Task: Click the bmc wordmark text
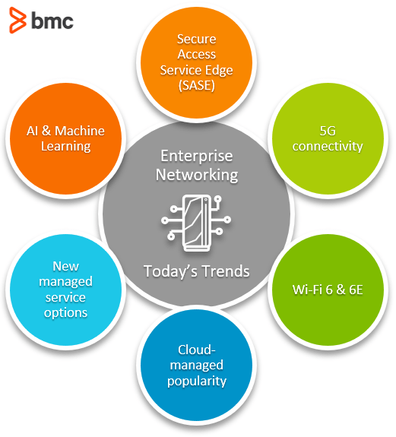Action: tap(52, 21)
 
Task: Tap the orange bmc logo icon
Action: tap(17, 21)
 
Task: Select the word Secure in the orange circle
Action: tap(196, 39)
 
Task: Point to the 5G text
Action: tap(328, 130)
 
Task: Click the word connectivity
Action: tap(328, 146)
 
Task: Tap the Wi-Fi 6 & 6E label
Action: tap(328, 289)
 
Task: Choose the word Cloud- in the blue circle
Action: tap(197, 350)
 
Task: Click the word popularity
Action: tap(197, 380)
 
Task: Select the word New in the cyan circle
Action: tap(65, 266)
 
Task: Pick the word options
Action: tap(65, 312)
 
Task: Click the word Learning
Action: tap(65, 146)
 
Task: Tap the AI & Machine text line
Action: tap(65, 130)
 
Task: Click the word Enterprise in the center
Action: tap(197, 156)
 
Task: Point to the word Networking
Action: tap(197, 174)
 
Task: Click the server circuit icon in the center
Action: tap(196, 220)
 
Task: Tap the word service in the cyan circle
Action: tap(65, 297)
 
